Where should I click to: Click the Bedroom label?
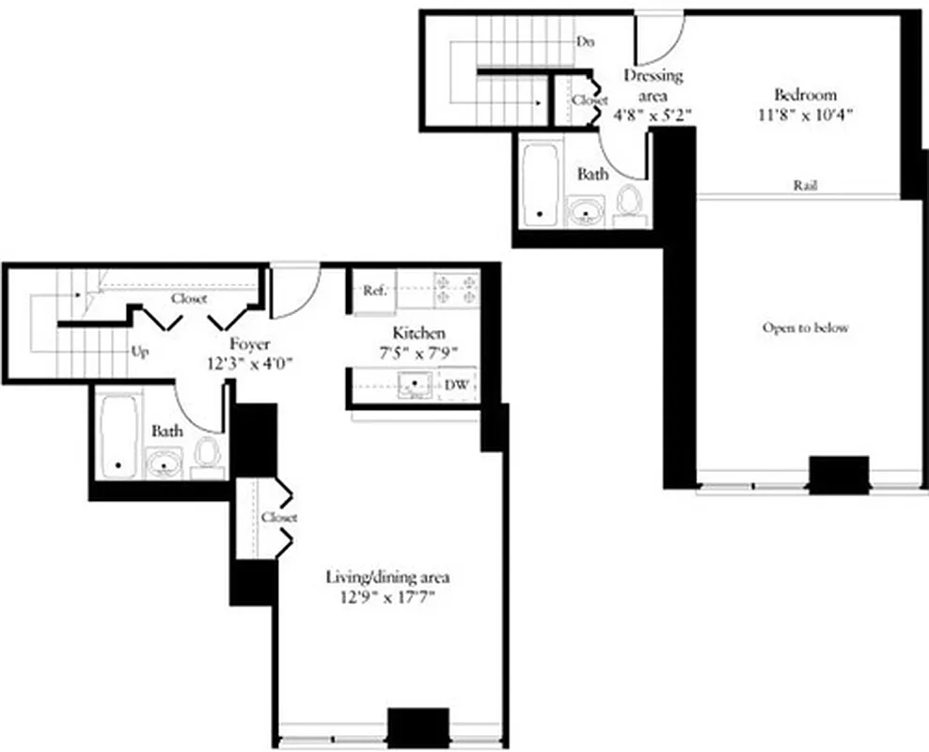coord(804,95)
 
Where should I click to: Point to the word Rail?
coord(804,186)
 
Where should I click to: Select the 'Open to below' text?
coord(805,328)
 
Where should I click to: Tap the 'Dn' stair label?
coord(584,41)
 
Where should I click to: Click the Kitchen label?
coord(418,333)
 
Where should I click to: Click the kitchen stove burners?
coord(456,289)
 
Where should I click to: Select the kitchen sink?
coord(412,384)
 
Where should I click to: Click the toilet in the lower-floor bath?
coord(206,453)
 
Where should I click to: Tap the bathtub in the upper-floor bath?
coord(540,181)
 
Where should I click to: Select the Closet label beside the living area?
coord(279,518)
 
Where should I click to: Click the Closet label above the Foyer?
coord(189,299)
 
